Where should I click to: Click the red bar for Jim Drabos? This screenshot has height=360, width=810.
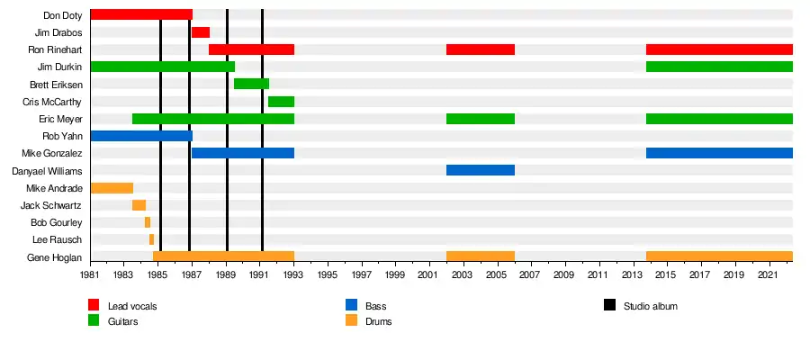point(200,32)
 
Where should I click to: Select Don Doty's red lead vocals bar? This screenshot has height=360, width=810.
point(141,14)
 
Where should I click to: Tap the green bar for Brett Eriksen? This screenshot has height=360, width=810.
point(251,84)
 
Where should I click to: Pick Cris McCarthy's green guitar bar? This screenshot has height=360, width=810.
point(281,102)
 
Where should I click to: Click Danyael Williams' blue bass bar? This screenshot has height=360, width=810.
point(480,170)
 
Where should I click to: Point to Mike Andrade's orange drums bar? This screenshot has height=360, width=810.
point(112,188)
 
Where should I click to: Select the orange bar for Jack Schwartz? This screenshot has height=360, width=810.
point(139,205)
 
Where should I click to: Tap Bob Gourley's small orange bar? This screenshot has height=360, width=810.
point(148,222)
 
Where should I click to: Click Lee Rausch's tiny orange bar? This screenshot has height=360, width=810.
point(151,239)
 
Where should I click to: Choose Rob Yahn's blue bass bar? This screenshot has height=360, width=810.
point(141,136)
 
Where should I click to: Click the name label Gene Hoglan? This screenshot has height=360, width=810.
point(57,257)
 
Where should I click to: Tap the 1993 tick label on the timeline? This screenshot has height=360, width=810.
point(292,274)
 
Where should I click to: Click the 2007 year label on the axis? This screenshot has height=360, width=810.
point(530,274)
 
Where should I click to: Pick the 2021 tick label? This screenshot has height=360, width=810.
point(768,274)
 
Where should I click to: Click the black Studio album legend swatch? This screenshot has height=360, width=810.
point(609,306)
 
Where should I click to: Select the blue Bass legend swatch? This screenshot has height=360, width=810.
point(351,306)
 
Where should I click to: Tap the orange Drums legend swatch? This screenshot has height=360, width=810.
point(351,321)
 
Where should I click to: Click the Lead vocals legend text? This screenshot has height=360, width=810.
point(131,307)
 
